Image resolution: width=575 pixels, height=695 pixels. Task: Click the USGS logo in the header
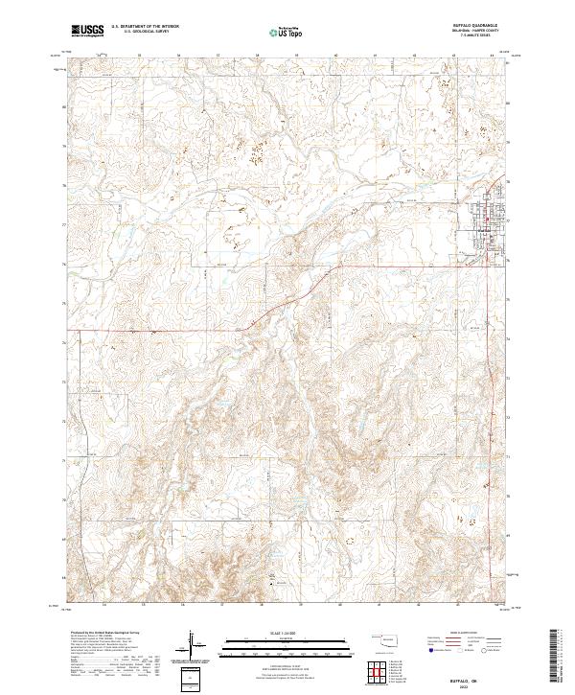[87, 32]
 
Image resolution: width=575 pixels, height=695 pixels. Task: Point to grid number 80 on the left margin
[66, 108]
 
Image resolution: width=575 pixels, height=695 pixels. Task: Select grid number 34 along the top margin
[102, 55]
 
